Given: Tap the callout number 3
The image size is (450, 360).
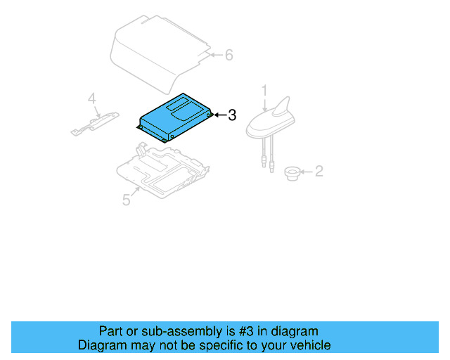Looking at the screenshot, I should coord(232,115).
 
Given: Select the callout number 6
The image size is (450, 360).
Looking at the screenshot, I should coord(229,55).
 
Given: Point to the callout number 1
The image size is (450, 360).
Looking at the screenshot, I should coord(264,90).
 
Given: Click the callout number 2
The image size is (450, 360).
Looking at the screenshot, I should coord(318,171).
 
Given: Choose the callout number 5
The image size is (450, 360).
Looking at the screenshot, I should coord(126,200).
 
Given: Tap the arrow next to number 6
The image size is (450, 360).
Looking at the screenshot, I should coord(215,55).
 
